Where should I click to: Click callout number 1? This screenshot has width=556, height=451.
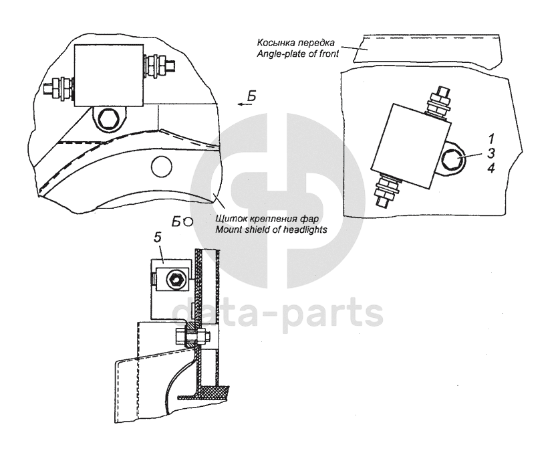pyautogui.click(x=491, y=139)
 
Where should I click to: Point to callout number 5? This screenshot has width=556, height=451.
pyautogui.click(x=157, y=237)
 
